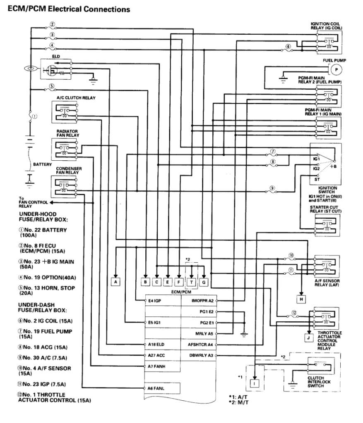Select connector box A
[x=116, y=282]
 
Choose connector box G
[x=204, y=282]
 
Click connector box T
[x=192, y=282]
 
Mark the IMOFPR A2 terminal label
[x=201, y=301]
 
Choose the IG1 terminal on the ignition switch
[x=317, y=158]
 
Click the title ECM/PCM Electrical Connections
[x=68, y=8]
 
